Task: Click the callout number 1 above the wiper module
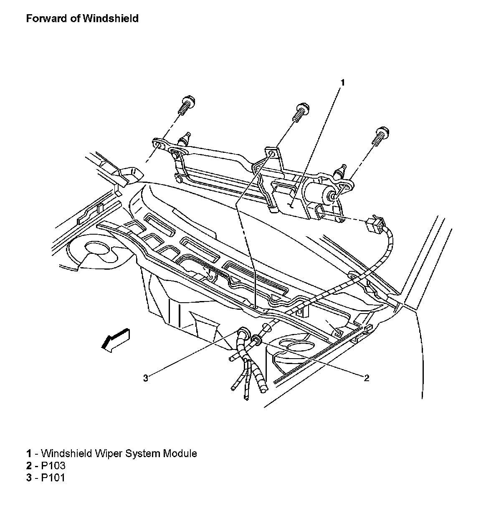pyautogui.click(x=342, y=83)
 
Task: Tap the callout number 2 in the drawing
pyautogui.click(x=366, y=378)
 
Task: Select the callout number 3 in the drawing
pyautogui.click(x=145, y=378)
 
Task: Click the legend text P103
pyautogui.click(x=53, y=465)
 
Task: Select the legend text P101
pyautogui.click(x=53, y=477)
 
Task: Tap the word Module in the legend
pyautogui.click(x=180, y=453)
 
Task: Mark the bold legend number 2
pyautogui.click(x=29, y=465)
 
